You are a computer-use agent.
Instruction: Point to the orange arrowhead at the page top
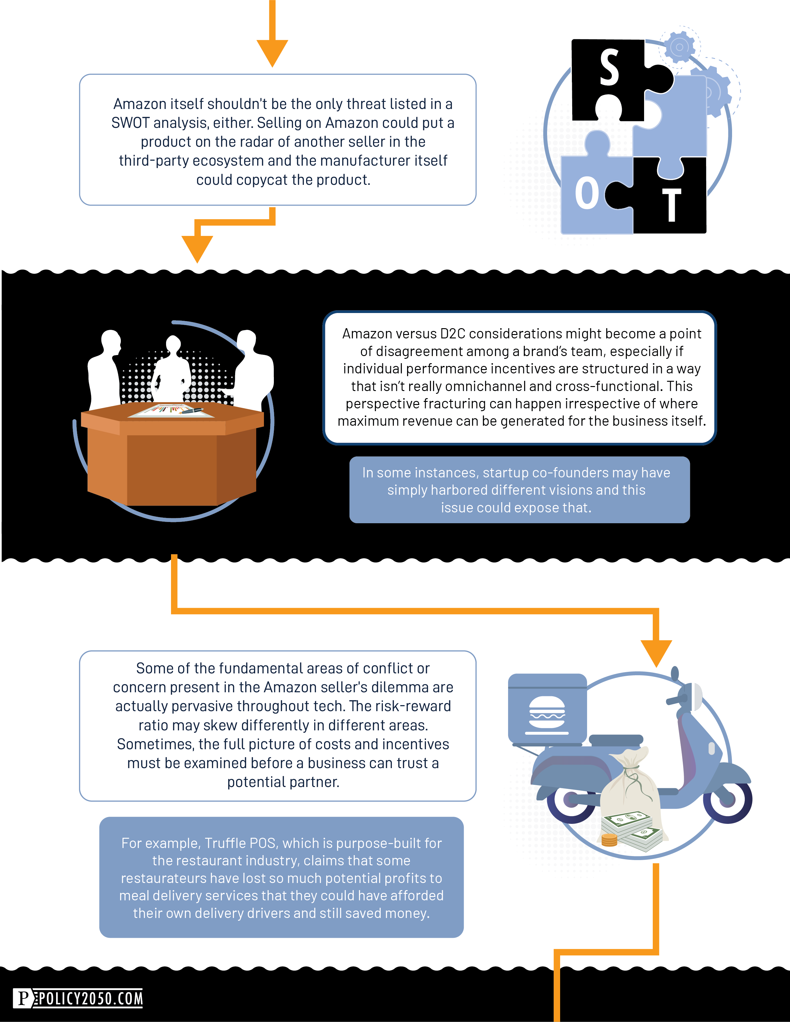(272, 53)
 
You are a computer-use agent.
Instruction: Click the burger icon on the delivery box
(547, 714)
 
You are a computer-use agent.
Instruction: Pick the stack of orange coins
(609, 840)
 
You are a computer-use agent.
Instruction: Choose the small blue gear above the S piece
(679, 47)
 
